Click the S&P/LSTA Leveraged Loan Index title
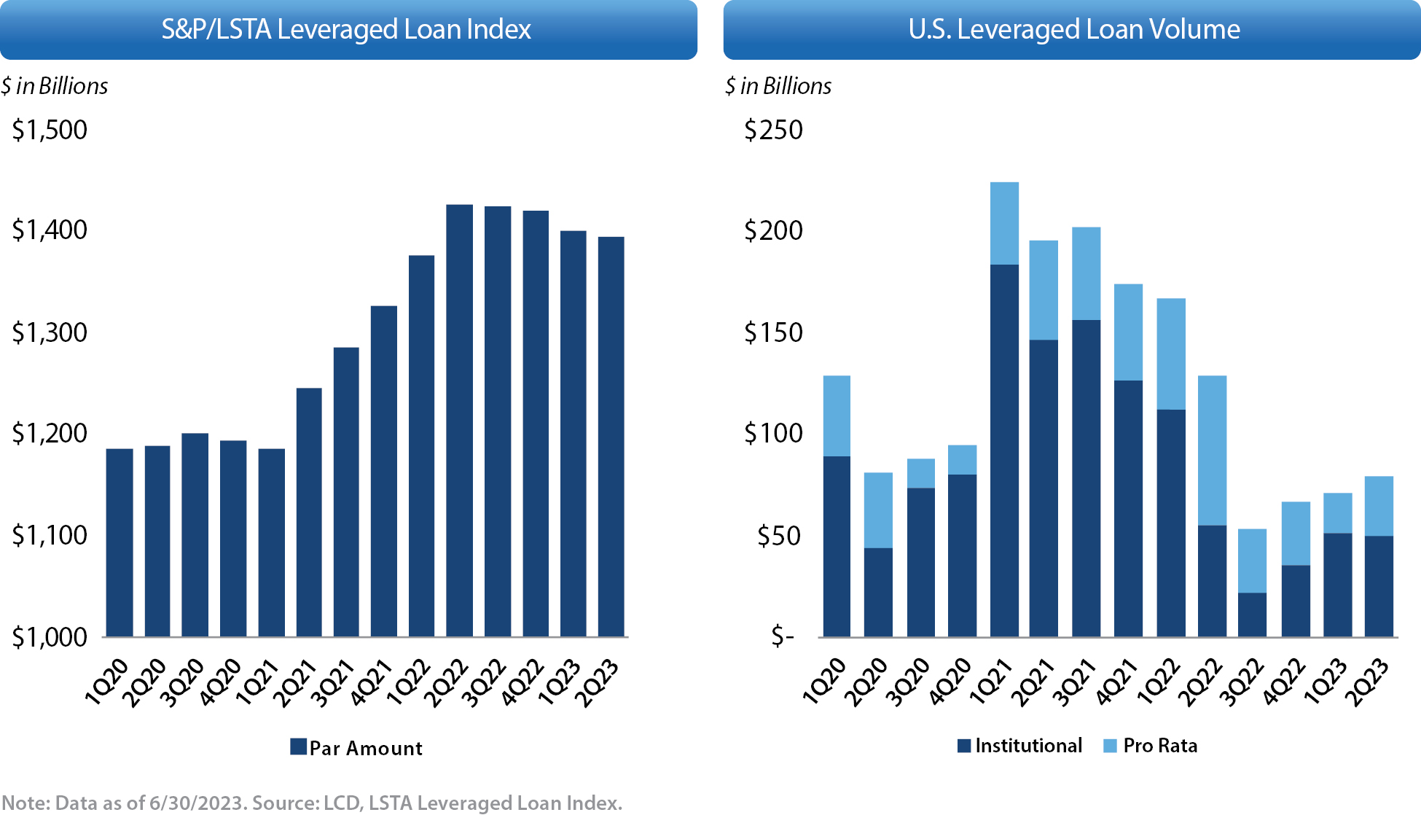[x=346, y=30]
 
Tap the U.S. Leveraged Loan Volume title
[x=1073, y=30]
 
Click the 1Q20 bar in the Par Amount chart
[x=120, y=542]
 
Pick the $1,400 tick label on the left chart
[x=50, y=230]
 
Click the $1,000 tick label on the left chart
[x=50, y=637]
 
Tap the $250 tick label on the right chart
[x=773, y=130]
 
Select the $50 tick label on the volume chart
[x=779, y=536]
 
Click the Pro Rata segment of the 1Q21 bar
[x=1004, y=223]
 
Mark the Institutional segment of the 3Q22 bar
[x=1252, y=615]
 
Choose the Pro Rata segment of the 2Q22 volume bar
[x=1212, y=450]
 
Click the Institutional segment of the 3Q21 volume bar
[x=1086, y=478]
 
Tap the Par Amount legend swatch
[x=298, y=746]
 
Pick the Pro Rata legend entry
[x=1159, y=746]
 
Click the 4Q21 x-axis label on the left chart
[x=370, y=682]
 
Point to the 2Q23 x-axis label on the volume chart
[x=1367, y=682]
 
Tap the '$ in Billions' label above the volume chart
[x=778, y=86]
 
